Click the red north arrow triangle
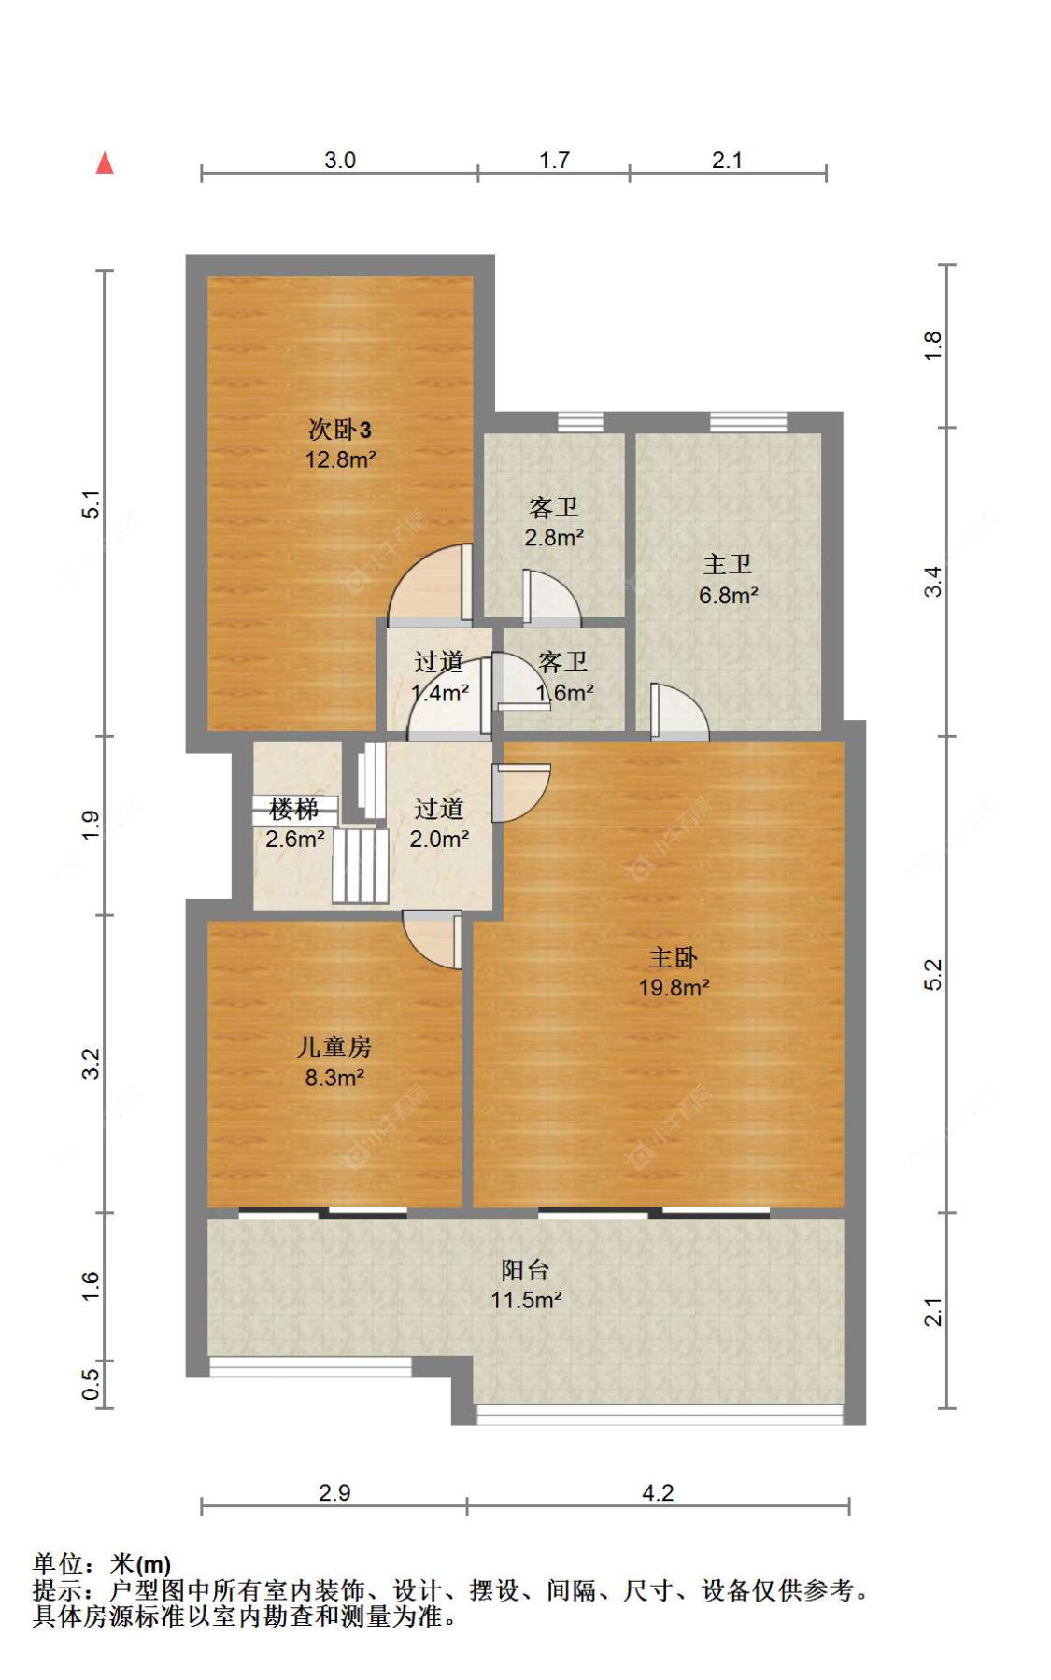pos(105,163)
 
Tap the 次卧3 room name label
pos(340,430)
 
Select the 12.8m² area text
pos(340,459)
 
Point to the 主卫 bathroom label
pos(728,564)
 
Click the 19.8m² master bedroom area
pos(674,988)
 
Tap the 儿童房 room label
pos(334,1048)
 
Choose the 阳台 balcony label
pos(526,1270)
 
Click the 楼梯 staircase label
pos(294,809)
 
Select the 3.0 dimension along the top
pos(340,160)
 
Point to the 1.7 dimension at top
pos(554,160)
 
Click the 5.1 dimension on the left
pos(91,504)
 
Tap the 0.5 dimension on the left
pos(91,1385)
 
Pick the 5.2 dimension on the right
pos(933,975)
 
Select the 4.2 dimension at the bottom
pos(658,1492)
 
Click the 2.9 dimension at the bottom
pos(334,1492)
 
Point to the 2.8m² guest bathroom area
pos(554,538)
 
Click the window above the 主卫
pos(748,422)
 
